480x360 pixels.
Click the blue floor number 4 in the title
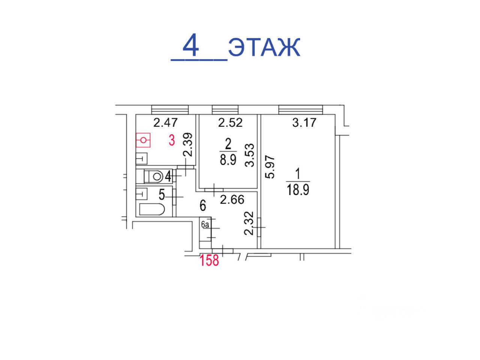pos(190,45)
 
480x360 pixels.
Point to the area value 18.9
pos(298,189)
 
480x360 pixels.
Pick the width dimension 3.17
pos(304,122)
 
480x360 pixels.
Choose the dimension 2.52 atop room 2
pos(230,122)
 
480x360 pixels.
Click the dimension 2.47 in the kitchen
pos(165,122)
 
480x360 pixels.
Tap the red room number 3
pos(172,140)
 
